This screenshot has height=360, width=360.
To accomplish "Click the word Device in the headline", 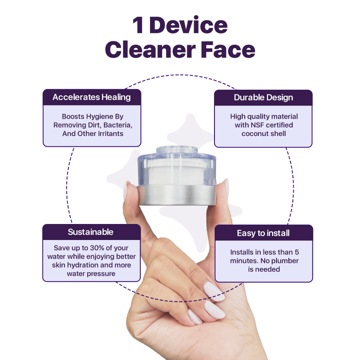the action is tap(188, 25).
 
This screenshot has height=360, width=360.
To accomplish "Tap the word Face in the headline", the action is tap(228, 50).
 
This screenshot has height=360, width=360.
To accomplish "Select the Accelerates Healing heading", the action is tap(92, 97).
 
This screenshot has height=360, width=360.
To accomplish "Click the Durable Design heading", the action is tap(263, 98).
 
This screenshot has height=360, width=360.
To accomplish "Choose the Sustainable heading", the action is tap(91, 232).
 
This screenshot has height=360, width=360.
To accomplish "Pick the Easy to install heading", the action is tap(263, 233).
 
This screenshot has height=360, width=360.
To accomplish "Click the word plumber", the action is tap(285, 261).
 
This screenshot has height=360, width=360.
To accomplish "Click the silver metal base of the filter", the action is tap(176, 195).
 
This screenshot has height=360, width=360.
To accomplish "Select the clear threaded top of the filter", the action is tap(177, 150).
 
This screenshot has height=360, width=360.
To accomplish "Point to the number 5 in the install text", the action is tap(297, 252).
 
